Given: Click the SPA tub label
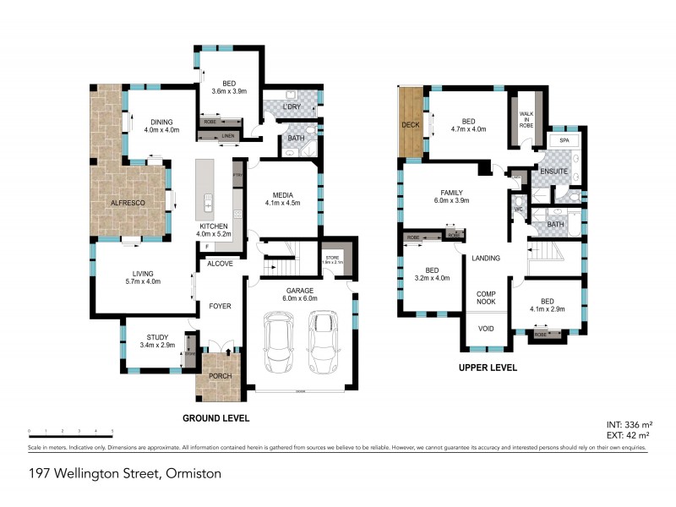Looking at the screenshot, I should pyautogui.click(x=564, y=139).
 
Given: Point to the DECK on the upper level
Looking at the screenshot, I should pyautogui.click(x=412, y=124).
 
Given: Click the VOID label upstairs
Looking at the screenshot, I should pyautogui.click(x=485, y=330).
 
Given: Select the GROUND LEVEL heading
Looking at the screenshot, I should pyautogui.click(x=216, y=417).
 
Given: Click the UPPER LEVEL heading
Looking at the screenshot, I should pyautogui.click(x=488, y=368).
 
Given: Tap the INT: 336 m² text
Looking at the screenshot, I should pyautogui.click(x=626, y=423).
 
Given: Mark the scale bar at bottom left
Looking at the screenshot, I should pyautogui.click(x=70, y=435).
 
